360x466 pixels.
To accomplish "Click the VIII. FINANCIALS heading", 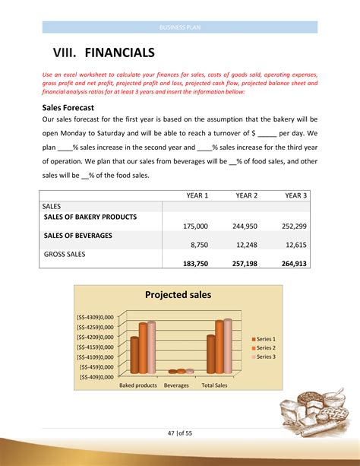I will coord(103,53).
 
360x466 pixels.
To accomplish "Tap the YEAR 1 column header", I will coord(197,195).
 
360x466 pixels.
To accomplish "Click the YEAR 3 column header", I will coord(295,195).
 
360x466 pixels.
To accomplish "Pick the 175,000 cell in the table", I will coord(196,226).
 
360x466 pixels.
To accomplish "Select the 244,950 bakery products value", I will coord(245,226).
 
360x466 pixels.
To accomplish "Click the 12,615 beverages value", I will coord(295,245).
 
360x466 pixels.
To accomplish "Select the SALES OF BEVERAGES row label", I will coord(78,236).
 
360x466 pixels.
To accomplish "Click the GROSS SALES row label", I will coord(65,255).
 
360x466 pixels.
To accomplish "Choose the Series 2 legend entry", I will coord(266,347).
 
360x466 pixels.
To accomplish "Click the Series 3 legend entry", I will coord(266,357).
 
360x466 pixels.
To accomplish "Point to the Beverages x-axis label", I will coord(176,385).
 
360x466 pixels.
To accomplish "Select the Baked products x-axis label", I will coord(138,385).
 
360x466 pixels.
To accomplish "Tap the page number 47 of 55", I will coord(179,433).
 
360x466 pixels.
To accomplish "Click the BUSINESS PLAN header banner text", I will coord(179,27).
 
